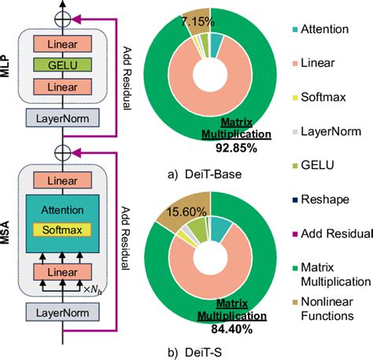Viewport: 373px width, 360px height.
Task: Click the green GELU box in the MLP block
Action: [61, 64]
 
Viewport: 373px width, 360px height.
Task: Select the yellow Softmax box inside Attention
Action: [61, 230]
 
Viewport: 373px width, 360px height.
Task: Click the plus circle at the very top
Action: [61, 15]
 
